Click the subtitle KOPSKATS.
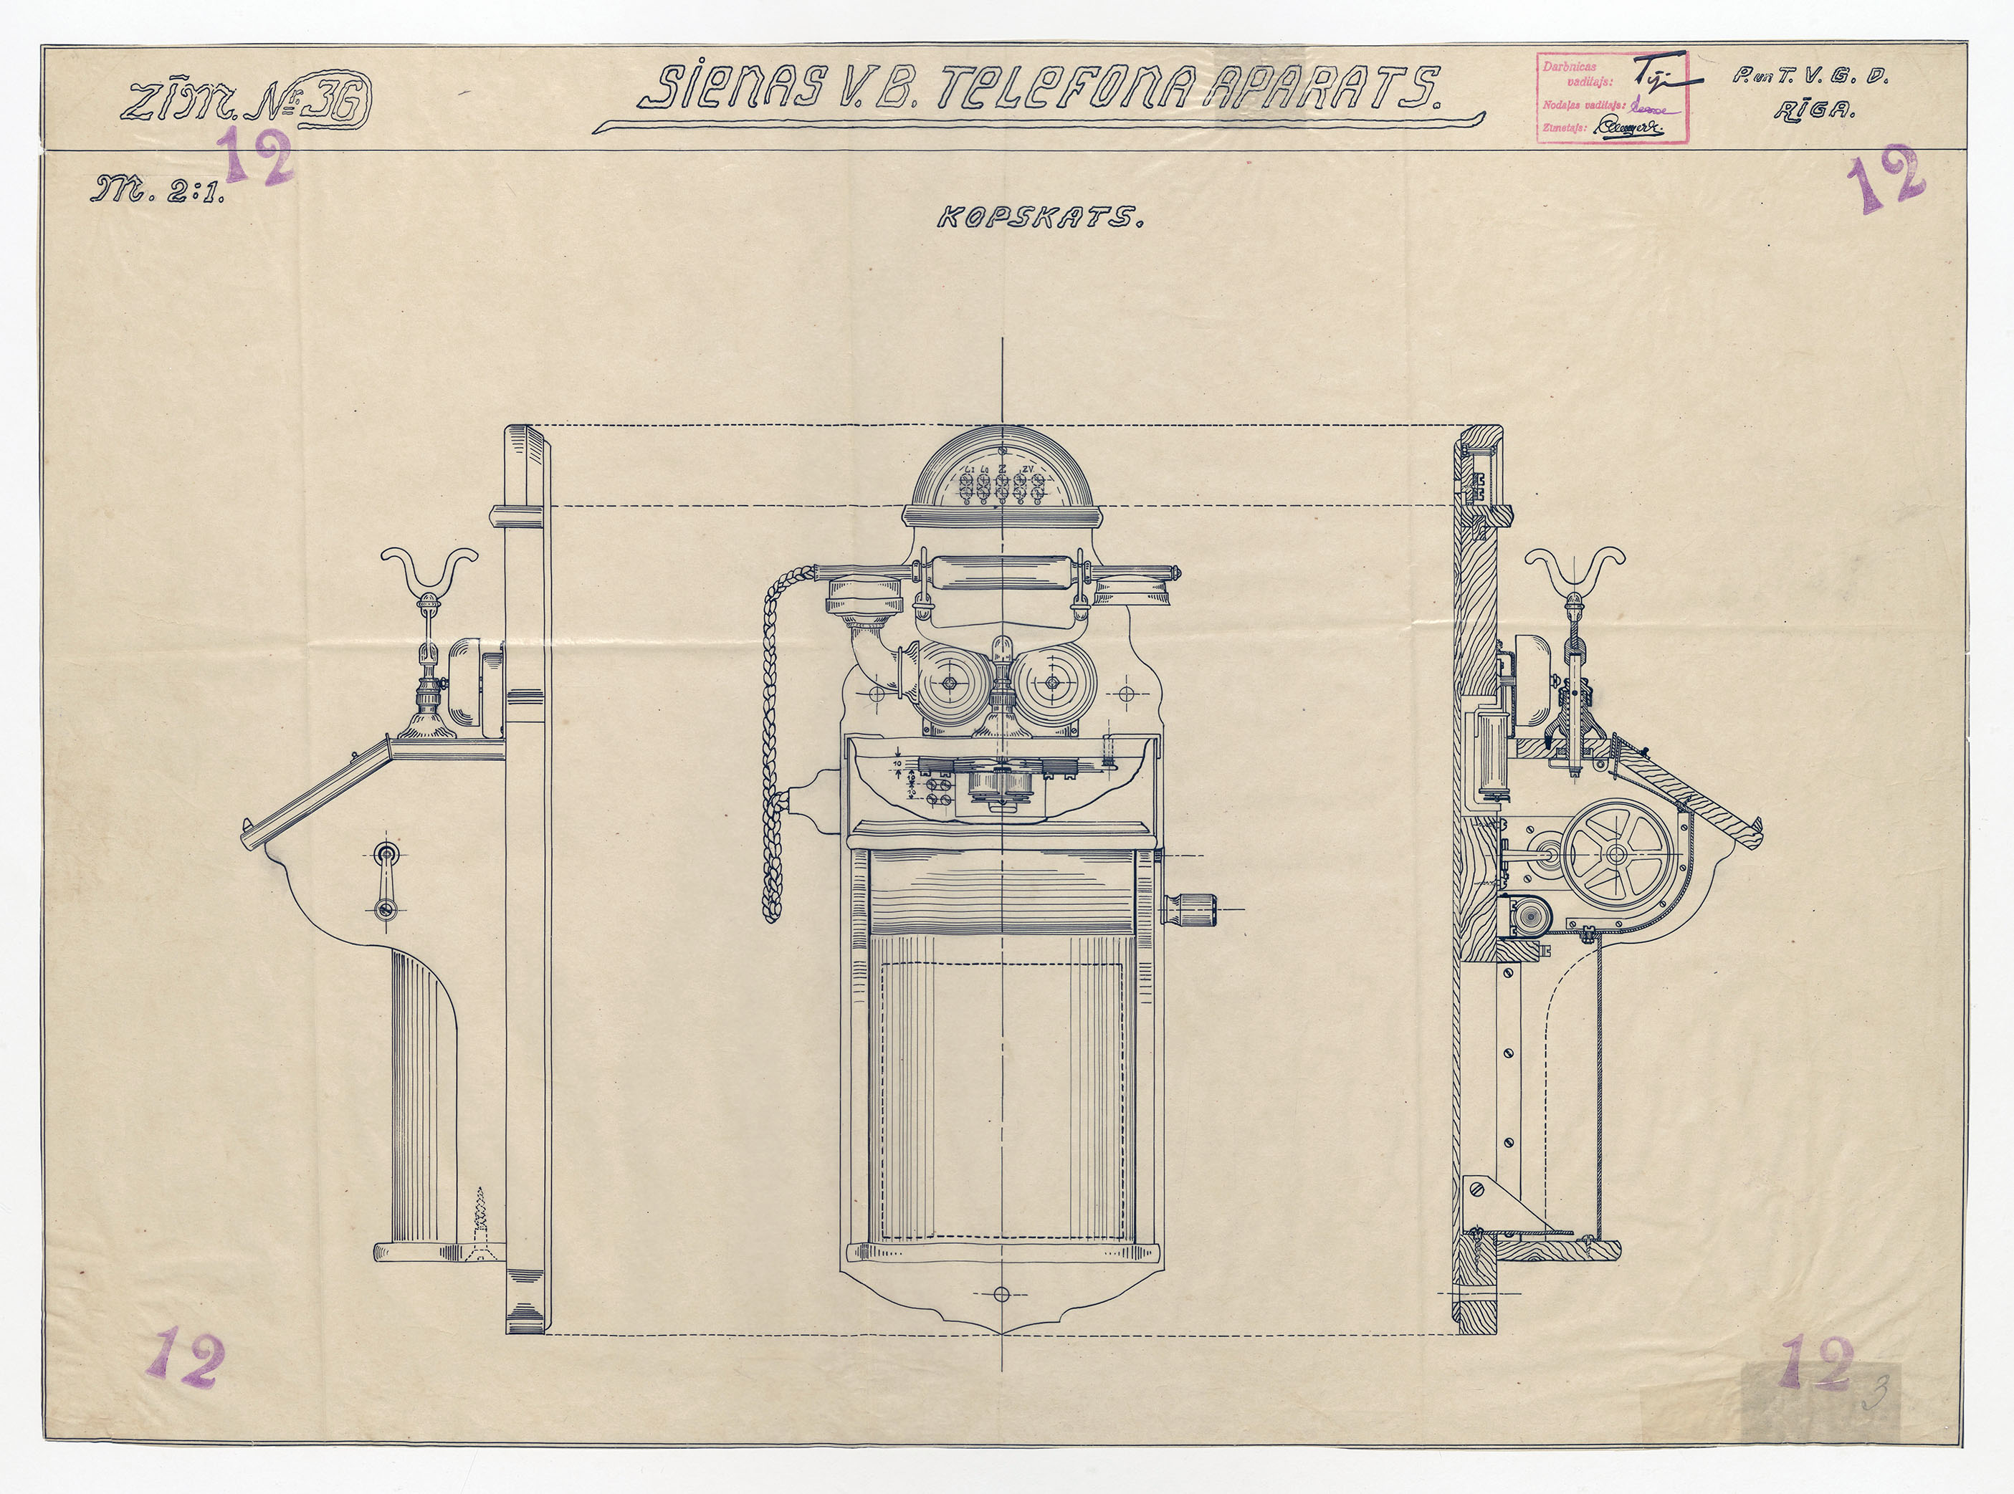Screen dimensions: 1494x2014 click(x=1039, y=219)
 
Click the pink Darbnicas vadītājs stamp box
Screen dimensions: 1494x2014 click(x=1612, y=99)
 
